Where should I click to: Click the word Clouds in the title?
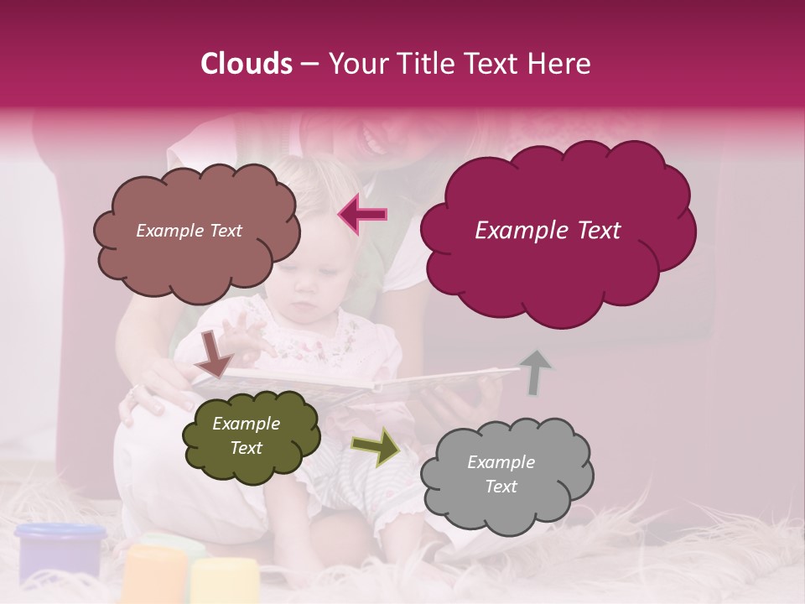(247, 64)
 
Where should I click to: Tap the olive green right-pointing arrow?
(376, 448)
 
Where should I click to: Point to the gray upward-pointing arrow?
(535, 371)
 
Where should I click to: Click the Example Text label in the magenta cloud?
(548, 231)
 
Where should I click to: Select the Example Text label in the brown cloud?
(189, 231)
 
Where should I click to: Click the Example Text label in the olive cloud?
(246, 436)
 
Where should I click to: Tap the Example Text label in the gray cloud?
(501, 474)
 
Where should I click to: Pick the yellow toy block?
(223, 581)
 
